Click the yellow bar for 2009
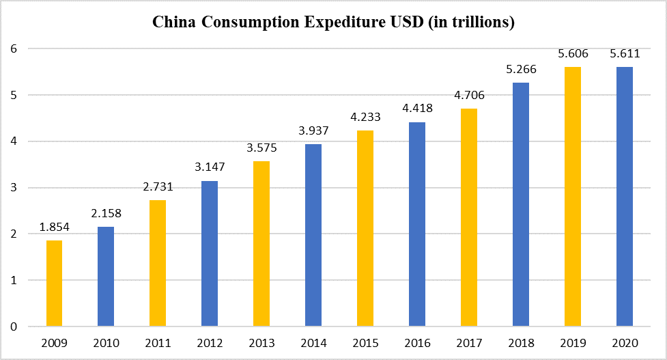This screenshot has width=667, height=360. coord(54,283)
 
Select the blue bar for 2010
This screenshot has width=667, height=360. coord(106,277)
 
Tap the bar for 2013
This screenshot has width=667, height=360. coord(261,244)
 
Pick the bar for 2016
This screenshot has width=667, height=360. coord(417,224)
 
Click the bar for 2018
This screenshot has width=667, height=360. coord(521,205)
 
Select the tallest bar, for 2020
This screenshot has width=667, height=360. coord(625,197)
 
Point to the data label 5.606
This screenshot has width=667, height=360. coord(573,54)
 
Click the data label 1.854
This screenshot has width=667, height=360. coord(54,227)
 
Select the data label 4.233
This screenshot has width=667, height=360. coord(365,117)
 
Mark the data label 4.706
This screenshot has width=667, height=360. coord(469,95)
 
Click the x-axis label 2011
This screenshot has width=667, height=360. coord(158,342)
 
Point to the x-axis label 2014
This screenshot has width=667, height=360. coord(313,342)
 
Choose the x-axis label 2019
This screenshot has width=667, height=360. coord(573,342)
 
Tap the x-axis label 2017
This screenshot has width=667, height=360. coord(469,342)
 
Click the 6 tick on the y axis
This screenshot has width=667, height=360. coord(13,49)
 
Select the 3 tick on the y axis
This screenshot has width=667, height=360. coord(13,188)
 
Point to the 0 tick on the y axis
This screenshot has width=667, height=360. coord(13,327)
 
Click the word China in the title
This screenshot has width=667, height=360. coord(173,23)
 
